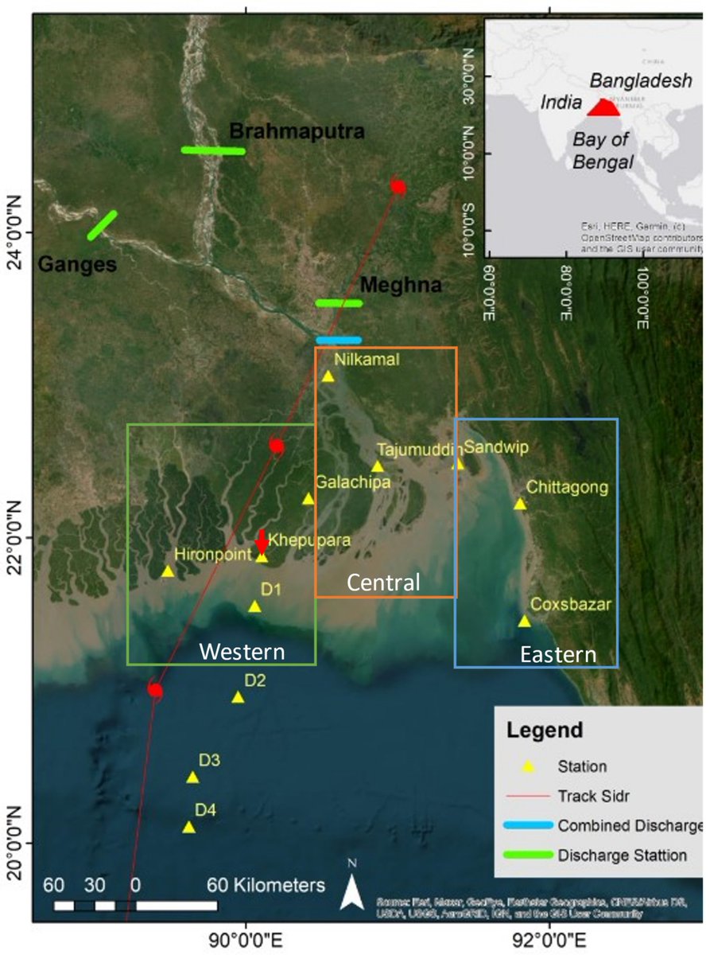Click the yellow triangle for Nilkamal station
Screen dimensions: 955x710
coord(328,376)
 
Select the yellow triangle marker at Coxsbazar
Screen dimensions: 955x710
coord(524,621)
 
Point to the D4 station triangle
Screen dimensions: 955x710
coord(188,827)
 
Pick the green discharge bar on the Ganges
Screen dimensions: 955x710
coord(102,225)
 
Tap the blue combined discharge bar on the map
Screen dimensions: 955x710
coord(338,340)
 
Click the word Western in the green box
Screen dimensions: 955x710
coord(242,652)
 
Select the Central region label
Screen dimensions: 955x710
coord(383,583)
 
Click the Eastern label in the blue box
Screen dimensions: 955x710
coord(557,654)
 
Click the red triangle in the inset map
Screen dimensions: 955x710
coord(603,108)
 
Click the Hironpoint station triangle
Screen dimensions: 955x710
coord(168,571)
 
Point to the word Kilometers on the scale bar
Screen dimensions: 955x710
coord(266,885)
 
